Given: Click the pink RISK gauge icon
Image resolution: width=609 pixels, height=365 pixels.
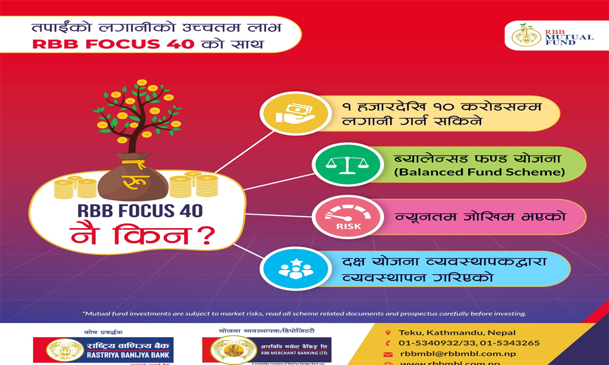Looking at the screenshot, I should (336, 217).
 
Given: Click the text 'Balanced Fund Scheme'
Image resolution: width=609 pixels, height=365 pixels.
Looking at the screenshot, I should (479, 172).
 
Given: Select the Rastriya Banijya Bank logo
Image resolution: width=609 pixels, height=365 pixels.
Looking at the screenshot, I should (104, 350).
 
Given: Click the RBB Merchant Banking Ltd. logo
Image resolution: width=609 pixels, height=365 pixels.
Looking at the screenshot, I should (268, 350).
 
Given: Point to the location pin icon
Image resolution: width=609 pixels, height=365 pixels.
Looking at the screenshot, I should (388, 333).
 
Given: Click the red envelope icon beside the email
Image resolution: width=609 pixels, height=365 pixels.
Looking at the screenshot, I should (388, 354).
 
